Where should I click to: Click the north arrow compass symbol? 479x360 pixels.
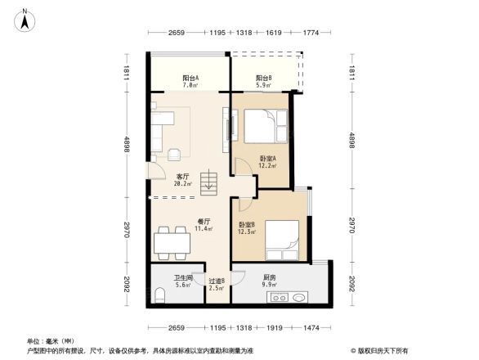click(x=25, y=19)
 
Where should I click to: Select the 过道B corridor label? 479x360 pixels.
click(x=217, y=281)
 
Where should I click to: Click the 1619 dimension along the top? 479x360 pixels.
click(x=274, y=33)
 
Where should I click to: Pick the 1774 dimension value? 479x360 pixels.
click(x=310, y=33)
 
